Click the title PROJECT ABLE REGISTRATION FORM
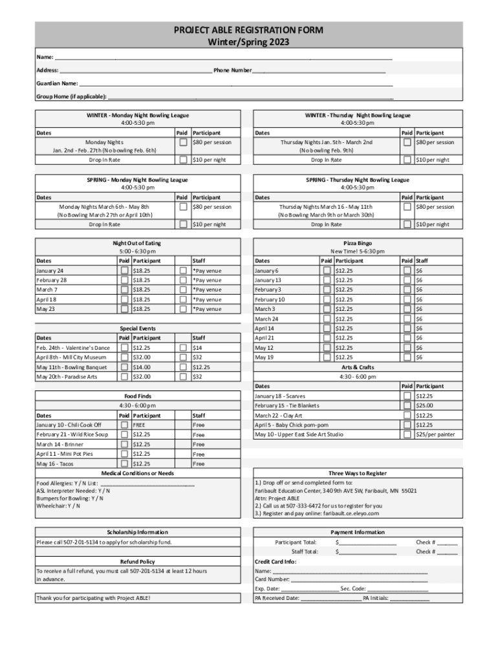(248, 30)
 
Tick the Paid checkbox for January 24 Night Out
(124, 271)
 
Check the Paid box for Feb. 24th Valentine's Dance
(124, 348)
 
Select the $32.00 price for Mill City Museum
(142, 358)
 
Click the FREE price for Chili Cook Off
(138, 425)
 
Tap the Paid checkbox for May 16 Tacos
(124, 464)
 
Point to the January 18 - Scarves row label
(280, 396)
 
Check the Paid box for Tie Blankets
(407, 406)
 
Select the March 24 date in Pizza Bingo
(267, 319)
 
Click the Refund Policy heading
(137, 561)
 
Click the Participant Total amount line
(367, 542)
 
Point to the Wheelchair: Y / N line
(59, 506)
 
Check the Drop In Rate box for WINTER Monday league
(184, 160)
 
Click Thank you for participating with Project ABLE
(94, 599)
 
